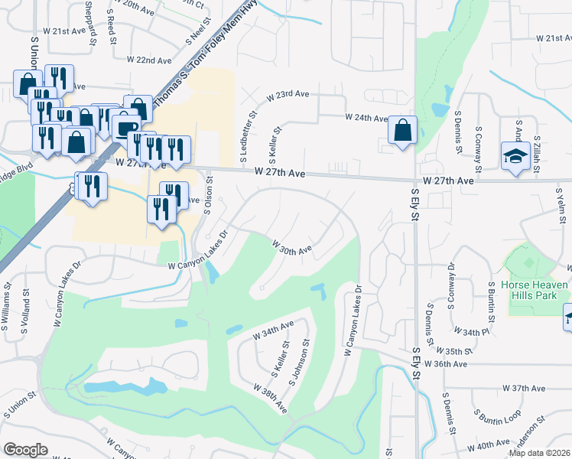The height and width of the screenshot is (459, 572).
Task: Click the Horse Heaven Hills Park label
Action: [535, 291]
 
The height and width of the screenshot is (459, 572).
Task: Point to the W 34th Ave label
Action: [273, 330]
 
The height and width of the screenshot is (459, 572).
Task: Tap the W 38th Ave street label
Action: [271, 398]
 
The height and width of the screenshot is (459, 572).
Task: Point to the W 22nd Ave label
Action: [149, 59]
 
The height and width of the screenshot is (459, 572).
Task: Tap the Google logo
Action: [25, 449]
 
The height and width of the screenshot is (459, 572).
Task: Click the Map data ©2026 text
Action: [540, 453]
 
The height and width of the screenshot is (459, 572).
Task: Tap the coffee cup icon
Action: [125, 126]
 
